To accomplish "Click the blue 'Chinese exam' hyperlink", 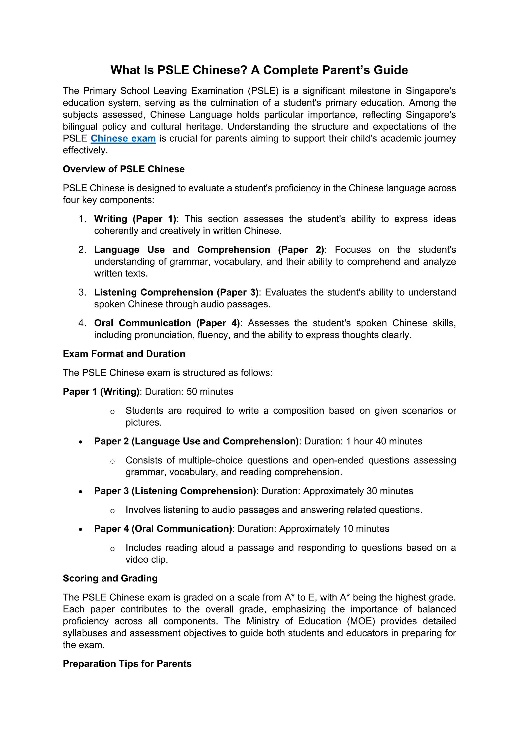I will coord(123,138).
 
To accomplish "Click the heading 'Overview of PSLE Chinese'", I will coord(124,169).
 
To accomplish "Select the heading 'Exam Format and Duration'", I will coord(124,354).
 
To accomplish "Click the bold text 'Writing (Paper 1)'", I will coord(135,219).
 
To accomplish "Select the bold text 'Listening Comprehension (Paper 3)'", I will coord(176,292).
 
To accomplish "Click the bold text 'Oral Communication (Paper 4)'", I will coord(167,323).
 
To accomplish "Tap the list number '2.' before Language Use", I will coord(82,250).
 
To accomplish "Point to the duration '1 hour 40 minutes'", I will coord(384,441).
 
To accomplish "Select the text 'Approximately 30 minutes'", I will coord(358,491).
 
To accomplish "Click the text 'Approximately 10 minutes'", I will coord(334,528).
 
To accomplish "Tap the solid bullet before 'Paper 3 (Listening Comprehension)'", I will coord(81,492).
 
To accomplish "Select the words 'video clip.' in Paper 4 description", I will coord(147,559).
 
